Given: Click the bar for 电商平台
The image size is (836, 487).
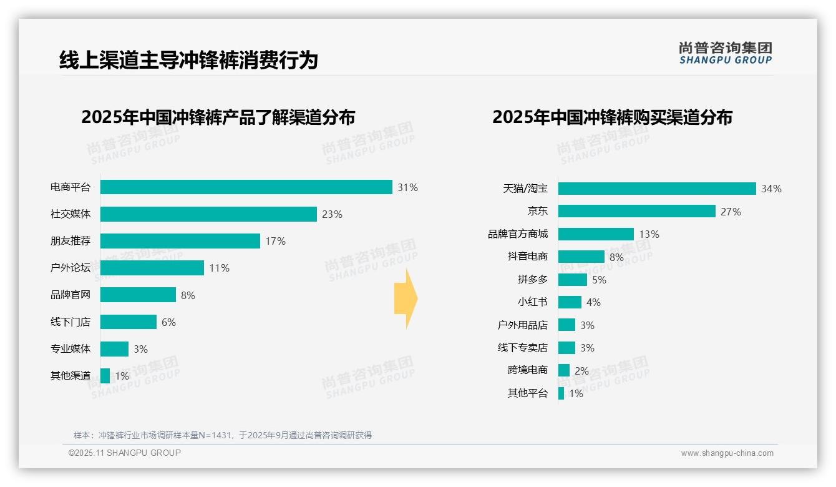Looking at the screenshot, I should tap(246, 187).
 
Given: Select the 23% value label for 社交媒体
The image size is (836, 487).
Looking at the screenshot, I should tap(332, 214).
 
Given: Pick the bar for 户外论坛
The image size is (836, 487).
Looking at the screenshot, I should tap(152, 268).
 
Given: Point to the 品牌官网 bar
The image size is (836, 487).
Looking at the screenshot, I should tap(138, 295).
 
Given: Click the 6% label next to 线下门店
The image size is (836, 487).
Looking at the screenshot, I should tap(168, 322).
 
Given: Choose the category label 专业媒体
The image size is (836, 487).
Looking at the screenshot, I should tap(70, 348).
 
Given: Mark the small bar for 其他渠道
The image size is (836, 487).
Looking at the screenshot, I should tap(105, 376).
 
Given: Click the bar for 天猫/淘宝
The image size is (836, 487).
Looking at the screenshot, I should tap(656, 189).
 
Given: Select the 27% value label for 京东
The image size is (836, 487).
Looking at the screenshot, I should tap(731, 212).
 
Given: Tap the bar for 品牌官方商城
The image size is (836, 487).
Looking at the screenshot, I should tap(596, 234).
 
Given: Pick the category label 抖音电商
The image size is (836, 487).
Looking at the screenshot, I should tap(527, 257).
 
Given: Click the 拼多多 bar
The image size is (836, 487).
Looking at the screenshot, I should tap(573, 280).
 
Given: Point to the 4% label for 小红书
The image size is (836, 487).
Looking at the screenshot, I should tap(593, 302).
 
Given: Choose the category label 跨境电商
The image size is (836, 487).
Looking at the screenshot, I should tap(527, 370).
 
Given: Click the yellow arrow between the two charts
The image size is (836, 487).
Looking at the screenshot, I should tap(406, 299).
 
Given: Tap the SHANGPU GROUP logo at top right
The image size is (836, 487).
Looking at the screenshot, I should tap(725, 53).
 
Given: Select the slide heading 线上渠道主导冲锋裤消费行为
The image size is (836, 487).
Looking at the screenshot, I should tap(188, 60).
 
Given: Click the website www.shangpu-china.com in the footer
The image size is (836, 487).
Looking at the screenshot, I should tap(727, 453).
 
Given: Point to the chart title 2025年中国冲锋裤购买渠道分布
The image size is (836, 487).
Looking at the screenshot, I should tap(612, 117).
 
